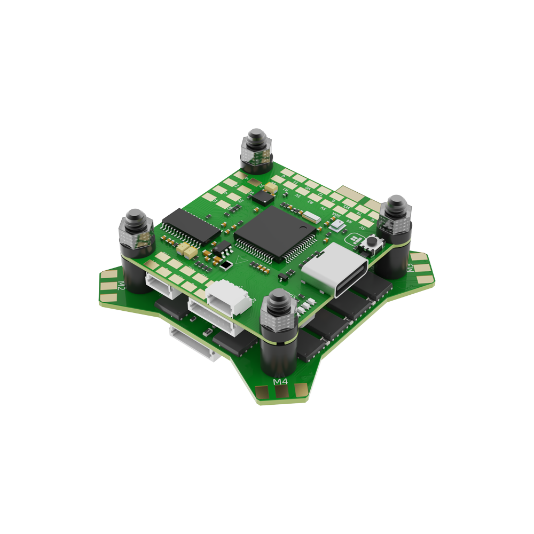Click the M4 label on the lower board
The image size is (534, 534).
(x=280, y=381)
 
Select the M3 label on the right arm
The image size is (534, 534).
(x=411, y=267)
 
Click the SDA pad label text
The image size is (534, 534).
(x=336, y=216)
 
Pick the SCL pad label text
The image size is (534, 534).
(x=347, y=208)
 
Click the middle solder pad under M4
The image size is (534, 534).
(x=281, y=392)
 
